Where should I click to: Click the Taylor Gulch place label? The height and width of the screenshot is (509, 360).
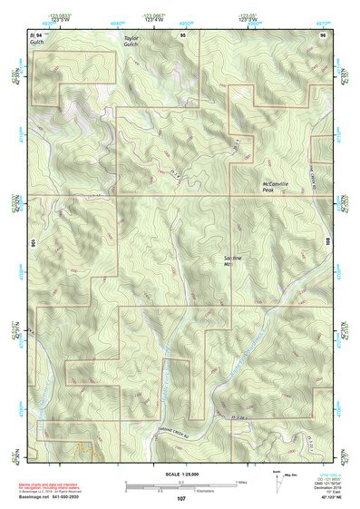pyautogui.click(x=133, y=43)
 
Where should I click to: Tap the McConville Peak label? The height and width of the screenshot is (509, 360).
pyautogui.click(x=275, y=187)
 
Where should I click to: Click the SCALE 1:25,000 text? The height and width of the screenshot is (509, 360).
pyautogui.click(x=180, y=475)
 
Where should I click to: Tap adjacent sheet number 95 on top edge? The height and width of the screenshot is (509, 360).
pyautogui.click(x=181, y=34)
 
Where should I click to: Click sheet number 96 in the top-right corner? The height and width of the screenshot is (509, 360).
pyautogui.click(x=323, y=34)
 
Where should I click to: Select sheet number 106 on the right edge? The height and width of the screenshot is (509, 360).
pyautogui.click(x=327, y=243)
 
